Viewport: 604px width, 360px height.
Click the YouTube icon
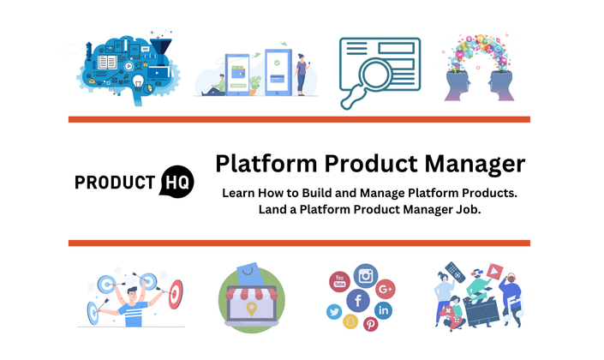pyautogui.click(x=339, y=281)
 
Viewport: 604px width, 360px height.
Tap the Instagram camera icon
pyautogui.click(x=366, y=276)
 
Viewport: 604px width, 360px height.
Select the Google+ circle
pyautogui.click(x=386, y=289)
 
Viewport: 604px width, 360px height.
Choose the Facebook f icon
pyautogui.click(x=358, y=300)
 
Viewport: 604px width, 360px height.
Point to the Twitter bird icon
pyautogui.click(x=334, y=311)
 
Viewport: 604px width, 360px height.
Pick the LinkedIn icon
pyautogui.click(x=383, y=310)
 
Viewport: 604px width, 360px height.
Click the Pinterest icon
pyautogui.click(x=371, y=324)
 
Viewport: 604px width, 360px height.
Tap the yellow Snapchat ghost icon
pyautogui.click(x=350, y=321)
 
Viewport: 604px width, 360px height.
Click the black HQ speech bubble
pyautogui.click(x=176, y=182)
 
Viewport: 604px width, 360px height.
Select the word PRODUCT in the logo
pyautogui.click(x=115, y=183)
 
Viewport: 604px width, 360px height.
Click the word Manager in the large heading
pyautogui.click(x=475, y=165)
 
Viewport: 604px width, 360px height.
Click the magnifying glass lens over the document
pyautogui.click(x=374, y=73)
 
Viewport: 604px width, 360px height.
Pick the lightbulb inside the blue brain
pyautogui.click(x=138, y=81)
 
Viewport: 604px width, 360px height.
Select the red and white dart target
pyautogui.click(x=176, y=294)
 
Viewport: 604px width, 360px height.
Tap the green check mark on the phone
pyautogui.click(x=277, y=63)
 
